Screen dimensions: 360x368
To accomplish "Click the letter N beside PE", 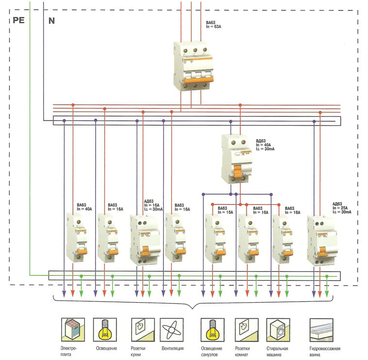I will (52, 21).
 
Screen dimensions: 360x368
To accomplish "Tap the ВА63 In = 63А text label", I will (216, 25).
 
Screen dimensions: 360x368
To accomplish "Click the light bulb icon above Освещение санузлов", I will (212, 330).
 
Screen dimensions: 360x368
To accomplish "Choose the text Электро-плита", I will (70, 352).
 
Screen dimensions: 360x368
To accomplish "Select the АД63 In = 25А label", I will (342, 208).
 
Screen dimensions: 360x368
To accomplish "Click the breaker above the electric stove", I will (76, 238).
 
